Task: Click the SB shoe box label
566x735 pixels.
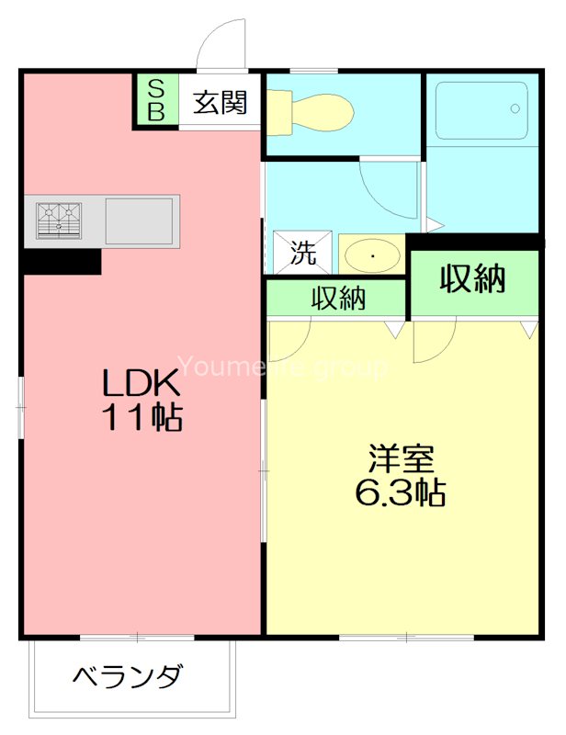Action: (x=156, y=100)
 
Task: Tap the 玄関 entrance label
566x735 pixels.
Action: (x=221, y=102)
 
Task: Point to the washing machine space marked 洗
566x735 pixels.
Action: (x=303, y=253)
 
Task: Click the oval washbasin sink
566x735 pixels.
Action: (x=373, y=254)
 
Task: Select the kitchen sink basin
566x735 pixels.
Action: (x=139, y=221)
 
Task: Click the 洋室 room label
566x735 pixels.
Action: (x=402, y=458)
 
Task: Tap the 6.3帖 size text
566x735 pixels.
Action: (x=401, y=493)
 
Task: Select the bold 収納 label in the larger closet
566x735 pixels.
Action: (x=472, y=277)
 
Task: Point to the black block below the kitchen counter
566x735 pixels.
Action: (x=61, y=263)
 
